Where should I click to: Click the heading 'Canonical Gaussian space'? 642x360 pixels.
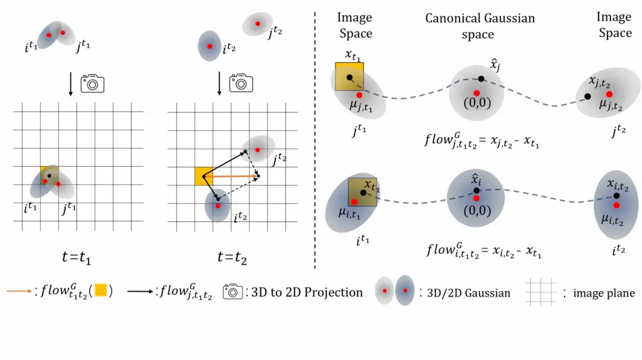(x=480, y=26)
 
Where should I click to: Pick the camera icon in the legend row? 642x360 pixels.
(x=234, y=292)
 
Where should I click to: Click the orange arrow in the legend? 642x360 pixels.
(x=18, y=292)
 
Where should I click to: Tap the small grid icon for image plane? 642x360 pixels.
(x=540, y=292)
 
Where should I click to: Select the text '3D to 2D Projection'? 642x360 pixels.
(x=307, y=292)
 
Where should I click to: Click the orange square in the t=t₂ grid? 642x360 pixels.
(x=203, y=176)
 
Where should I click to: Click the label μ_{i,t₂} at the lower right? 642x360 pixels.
(x=613, y=220)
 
